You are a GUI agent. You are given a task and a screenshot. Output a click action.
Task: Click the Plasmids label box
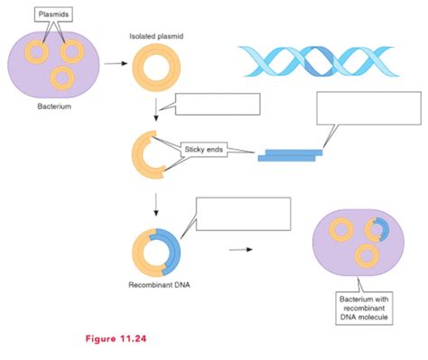(x=52, y=15)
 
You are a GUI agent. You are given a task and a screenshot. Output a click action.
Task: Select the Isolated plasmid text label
(x=155, y=40)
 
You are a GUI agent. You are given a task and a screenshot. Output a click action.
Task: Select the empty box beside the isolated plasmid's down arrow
(x=217, y=105)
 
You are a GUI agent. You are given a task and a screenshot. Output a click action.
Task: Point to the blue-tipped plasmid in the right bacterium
(x=377, y=229)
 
